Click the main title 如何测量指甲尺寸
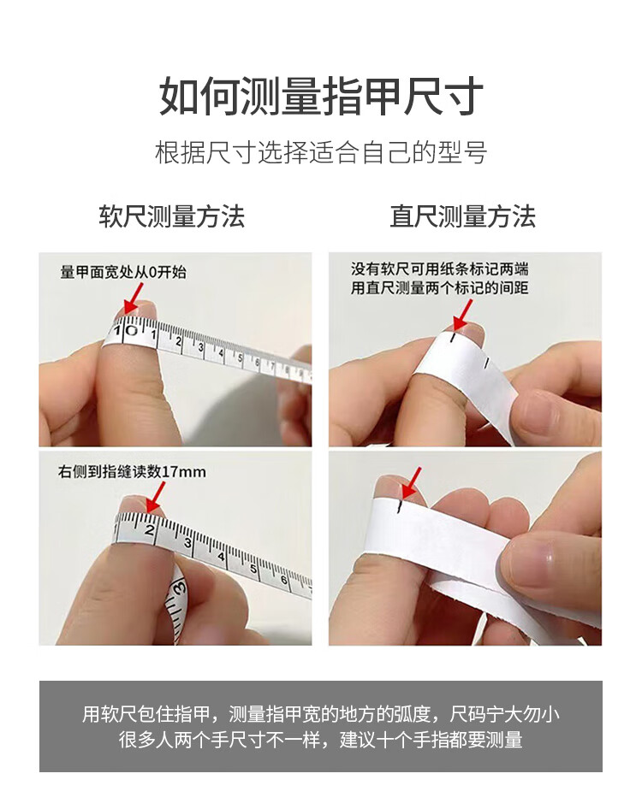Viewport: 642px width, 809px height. [321, 97]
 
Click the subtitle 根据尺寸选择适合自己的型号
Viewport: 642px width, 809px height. [321, 152]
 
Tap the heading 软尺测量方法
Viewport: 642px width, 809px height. [172, 216]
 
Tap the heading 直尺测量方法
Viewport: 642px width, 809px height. [463, 216]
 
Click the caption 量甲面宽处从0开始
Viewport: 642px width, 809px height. [123, 272]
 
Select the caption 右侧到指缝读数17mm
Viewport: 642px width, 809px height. [132, 471]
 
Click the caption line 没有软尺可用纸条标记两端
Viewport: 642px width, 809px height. [439, 269]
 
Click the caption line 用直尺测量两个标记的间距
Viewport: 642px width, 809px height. [439, 287]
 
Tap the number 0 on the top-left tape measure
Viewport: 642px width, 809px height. [131, 330]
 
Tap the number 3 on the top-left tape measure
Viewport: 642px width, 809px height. [201, 348]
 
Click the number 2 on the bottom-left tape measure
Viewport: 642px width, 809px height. [150, 530]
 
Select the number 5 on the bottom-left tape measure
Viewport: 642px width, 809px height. [253, 569]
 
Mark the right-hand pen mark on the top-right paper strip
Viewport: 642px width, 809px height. [486, 363]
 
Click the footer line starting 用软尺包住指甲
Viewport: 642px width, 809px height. [321, 714]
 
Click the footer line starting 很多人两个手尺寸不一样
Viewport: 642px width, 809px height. [321, 740]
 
